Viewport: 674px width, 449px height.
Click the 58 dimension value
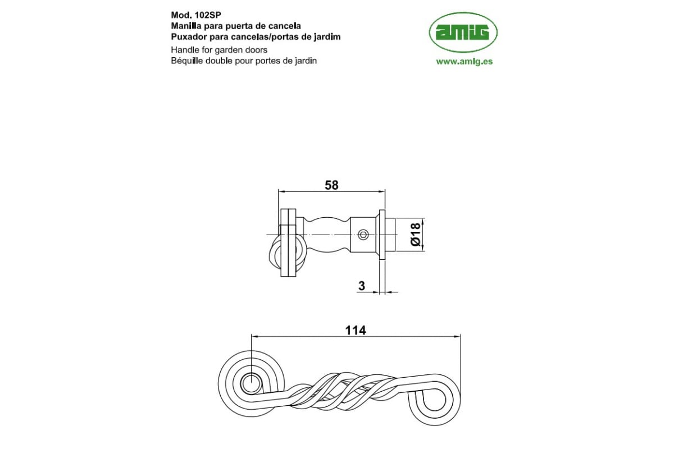click(x=331, y=185)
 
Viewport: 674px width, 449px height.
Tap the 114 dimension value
click(x=356, y=331)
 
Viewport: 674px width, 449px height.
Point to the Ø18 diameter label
click(x=415, y=234)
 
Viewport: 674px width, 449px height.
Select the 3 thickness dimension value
click(x=362, y=286)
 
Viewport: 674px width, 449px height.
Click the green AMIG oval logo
click(x=463, y=33)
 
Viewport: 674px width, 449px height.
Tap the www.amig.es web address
click(x=464, y=62)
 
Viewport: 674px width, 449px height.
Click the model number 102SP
click(x=208, y=15)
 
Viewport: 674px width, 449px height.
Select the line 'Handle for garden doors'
click(x=219, y=50)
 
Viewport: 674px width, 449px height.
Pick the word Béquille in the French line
click(x=187, y=61)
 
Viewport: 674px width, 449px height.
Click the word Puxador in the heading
click(x=186, y=37)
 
